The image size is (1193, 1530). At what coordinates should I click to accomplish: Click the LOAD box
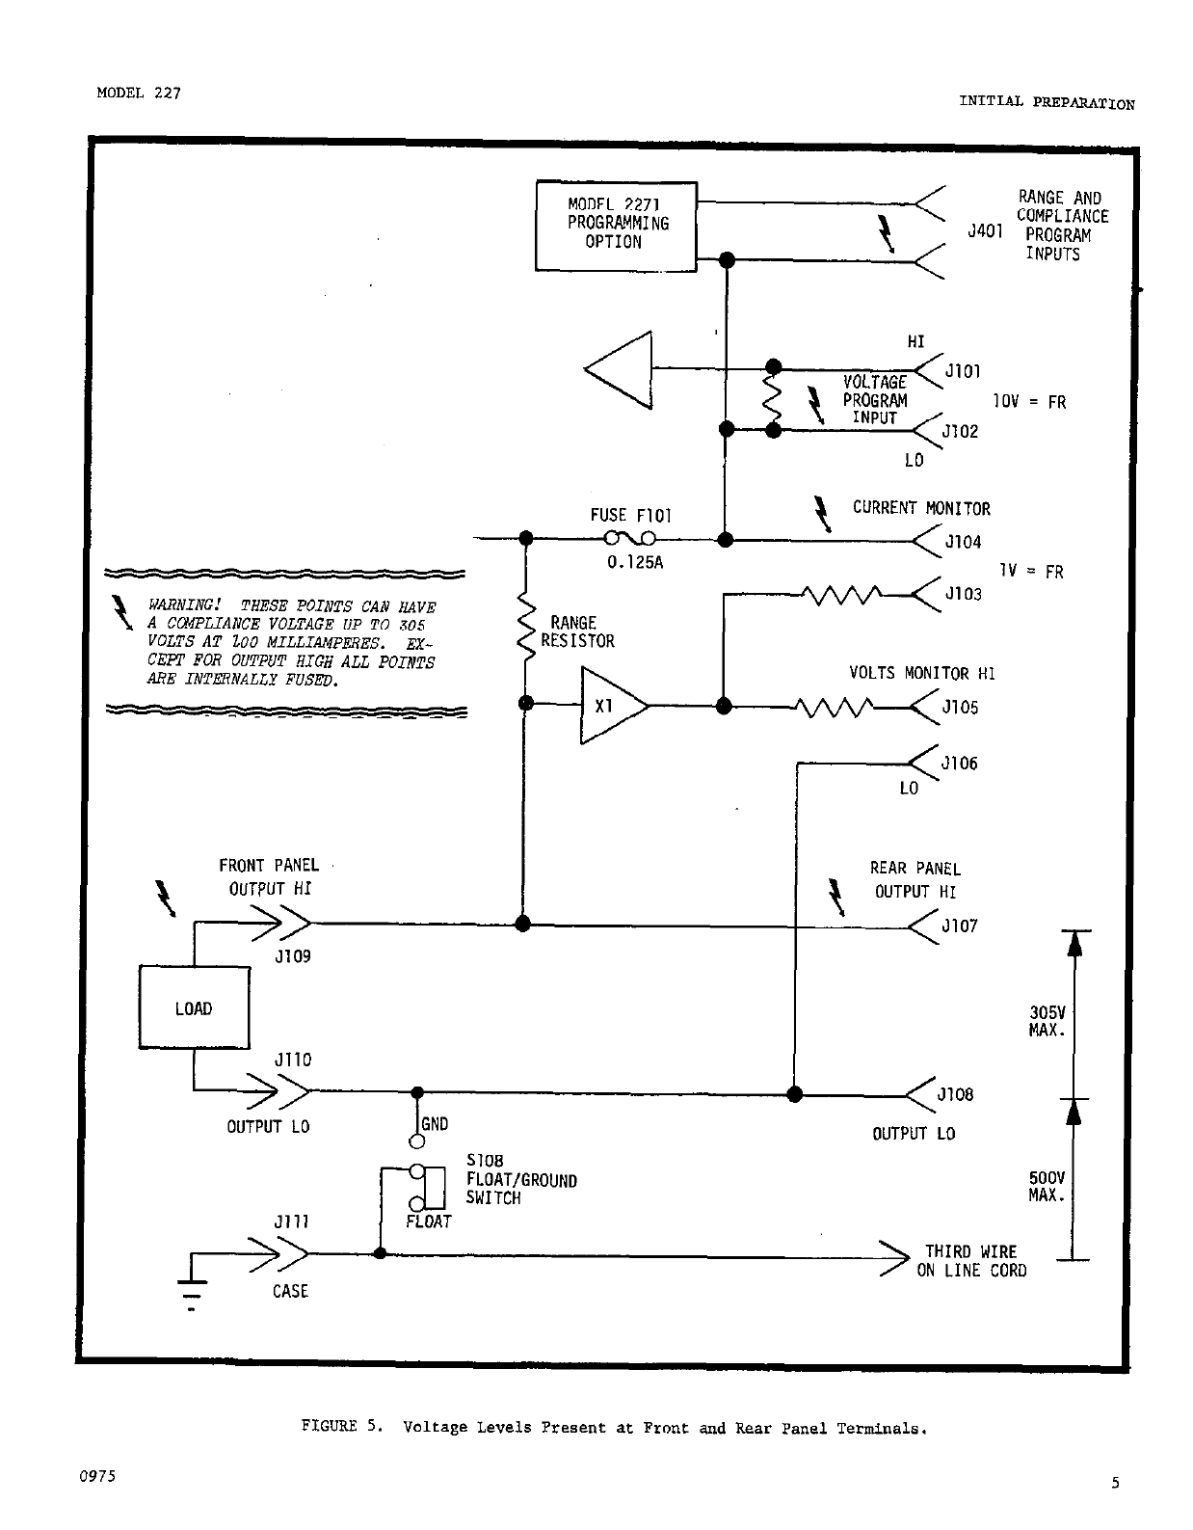195,1007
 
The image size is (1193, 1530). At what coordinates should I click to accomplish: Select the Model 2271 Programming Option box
617,226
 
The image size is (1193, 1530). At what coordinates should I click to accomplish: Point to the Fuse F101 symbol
630,539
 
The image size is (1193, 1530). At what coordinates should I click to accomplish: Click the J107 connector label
960,926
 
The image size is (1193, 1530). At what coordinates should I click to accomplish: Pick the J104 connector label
963,542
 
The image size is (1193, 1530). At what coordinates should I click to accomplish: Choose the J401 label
985,231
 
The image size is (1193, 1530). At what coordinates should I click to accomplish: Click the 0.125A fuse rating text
635,563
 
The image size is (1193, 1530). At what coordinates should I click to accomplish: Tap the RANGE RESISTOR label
578,631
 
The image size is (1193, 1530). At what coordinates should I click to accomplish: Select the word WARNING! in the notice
184,604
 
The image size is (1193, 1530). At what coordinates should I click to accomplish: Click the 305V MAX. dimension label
1047,1021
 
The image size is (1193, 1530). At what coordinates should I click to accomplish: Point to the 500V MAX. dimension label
1047,1187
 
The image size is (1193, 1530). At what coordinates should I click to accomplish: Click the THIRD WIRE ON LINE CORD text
971,1261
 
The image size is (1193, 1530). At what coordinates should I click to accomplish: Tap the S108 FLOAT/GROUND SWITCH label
520,1179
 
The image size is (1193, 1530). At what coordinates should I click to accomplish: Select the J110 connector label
293,1060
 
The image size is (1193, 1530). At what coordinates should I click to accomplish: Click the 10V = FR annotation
1029,401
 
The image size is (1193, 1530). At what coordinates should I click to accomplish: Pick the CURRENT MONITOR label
921,508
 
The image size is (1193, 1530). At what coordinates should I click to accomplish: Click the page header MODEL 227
139,93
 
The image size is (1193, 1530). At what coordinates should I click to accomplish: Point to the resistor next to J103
842,596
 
